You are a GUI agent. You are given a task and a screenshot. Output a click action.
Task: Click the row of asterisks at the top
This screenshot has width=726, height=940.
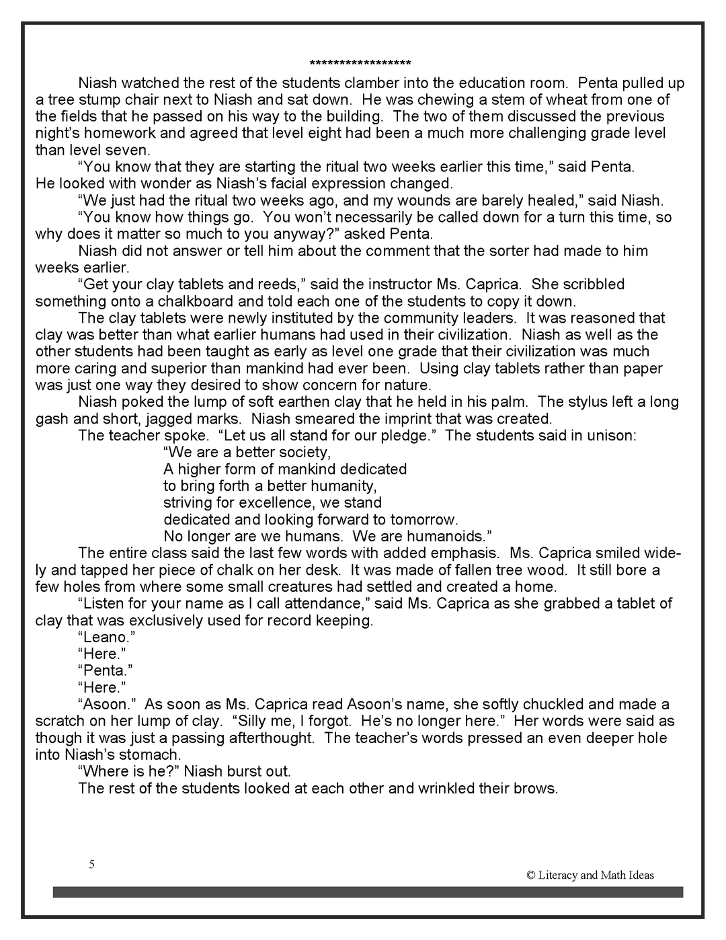(x=360, y=64)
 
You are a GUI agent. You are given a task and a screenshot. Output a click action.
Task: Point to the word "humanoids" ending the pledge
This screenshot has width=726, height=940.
(x=448, y=537)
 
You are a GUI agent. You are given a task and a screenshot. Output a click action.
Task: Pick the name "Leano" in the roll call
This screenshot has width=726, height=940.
(x=105, y=637)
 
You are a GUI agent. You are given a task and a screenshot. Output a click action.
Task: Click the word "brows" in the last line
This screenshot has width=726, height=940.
(x=538, y=789)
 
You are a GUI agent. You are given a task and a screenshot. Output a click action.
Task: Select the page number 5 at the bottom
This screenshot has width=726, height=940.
(x=91, y=864)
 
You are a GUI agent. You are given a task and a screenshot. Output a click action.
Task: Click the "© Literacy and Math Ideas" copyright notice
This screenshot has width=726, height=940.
(x=590, y=875)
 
